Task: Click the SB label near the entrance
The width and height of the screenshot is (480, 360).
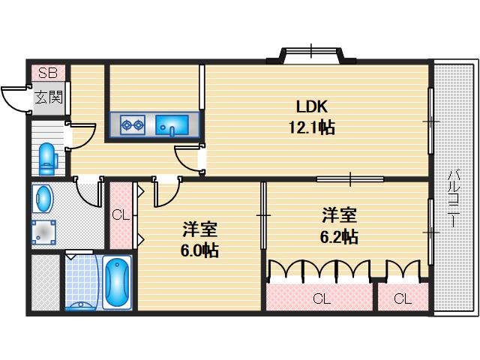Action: (47, 73)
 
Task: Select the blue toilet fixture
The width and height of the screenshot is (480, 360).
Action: (46, 155)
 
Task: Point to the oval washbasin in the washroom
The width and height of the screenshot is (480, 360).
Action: (44, 199)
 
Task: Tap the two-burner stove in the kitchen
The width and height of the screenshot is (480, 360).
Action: (133, 124)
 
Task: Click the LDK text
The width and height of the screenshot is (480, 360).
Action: (311, 106)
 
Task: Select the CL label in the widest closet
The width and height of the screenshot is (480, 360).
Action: (321, 299)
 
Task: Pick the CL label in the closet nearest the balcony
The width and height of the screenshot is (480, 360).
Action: (403, 299)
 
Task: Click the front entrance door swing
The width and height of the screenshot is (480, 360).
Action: (15, 100)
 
